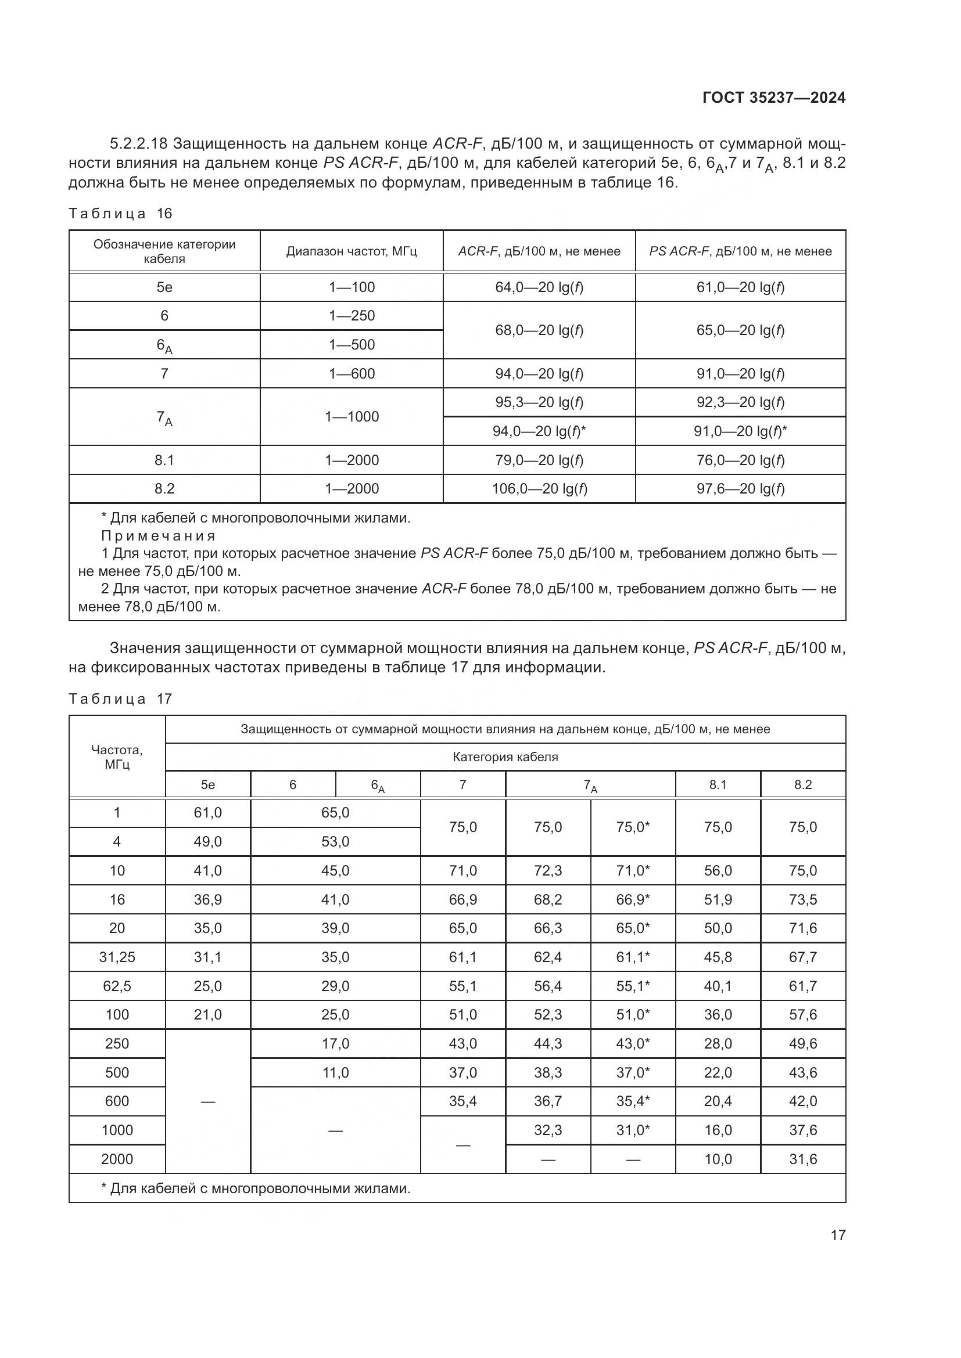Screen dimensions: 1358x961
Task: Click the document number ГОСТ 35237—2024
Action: tap(773, 98)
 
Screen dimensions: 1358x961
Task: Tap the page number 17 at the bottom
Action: tap(838, 1235)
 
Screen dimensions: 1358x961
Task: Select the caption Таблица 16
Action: tap(120, 214)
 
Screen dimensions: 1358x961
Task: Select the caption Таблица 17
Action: tap(120, 699)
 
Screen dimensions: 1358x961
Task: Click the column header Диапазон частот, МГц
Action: tap(352, 251)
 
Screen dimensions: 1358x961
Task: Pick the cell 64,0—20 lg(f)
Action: tap(539, 287)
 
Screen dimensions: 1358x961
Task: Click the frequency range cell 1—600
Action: tap(352, 374)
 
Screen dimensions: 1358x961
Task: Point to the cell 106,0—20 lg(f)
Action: tap(539, 488)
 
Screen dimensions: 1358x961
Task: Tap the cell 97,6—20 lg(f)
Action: tap(740, 488)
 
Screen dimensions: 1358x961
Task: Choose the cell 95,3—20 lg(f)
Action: tap(539, 402)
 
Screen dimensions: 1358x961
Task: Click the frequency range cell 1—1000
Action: tap(352, 417)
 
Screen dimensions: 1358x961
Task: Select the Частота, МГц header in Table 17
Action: tap(117, 757)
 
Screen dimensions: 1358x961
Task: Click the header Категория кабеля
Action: tap(505, 757)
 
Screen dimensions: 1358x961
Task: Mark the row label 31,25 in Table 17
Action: tap(117, 957)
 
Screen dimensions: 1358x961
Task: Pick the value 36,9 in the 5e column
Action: tap(207, 899)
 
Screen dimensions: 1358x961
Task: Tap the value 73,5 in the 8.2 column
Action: tap(802, 899)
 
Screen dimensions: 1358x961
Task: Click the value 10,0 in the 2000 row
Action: tap(718, 1159)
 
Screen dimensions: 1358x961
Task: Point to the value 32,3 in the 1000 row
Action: tap(547, 1130)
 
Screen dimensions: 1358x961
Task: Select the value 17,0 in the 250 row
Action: tap(335, 1044)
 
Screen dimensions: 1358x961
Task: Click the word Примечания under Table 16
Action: tap(158, 536)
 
